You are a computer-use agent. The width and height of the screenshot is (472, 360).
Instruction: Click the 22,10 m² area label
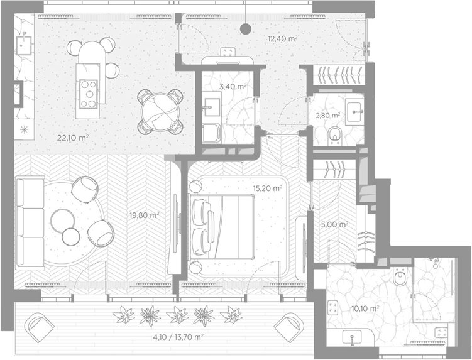[x=73, y=138]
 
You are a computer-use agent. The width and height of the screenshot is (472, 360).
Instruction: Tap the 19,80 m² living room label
[x=144, y=215]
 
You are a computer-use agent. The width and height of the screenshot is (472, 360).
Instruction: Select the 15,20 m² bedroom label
[x=268, y=188]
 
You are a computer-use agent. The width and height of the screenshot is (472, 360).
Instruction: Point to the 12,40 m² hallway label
[x=283, y=38]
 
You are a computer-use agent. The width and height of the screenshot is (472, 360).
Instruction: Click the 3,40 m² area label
[x=233, y=87]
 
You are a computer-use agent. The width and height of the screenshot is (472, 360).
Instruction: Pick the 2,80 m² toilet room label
[x=328, y=115]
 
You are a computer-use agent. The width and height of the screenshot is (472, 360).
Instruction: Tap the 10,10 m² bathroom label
[x=365, y=308]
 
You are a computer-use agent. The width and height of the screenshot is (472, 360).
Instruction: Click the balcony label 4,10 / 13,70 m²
[x=178, y=337]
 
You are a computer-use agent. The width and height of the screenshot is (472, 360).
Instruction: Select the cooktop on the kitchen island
[x=89, y=94]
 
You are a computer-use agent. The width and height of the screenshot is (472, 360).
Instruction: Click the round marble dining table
[x=160, y=112]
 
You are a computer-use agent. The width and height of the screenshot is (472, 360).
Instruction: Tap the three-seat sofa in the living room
[x=30, y=222]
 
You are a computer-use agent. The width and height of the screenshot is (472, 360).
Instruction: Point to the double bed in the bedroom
[x=221, y=227]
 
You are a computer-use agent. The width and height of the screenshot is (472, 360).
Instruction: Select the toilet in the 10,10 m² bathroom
[x=400, y=276]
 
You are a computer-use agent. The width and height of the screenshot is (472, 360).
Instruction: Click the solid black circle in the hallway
[x=246, y=29]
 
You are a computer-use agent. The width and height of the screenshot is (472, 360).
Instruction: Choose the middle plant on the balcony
[x=178, y=315]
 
